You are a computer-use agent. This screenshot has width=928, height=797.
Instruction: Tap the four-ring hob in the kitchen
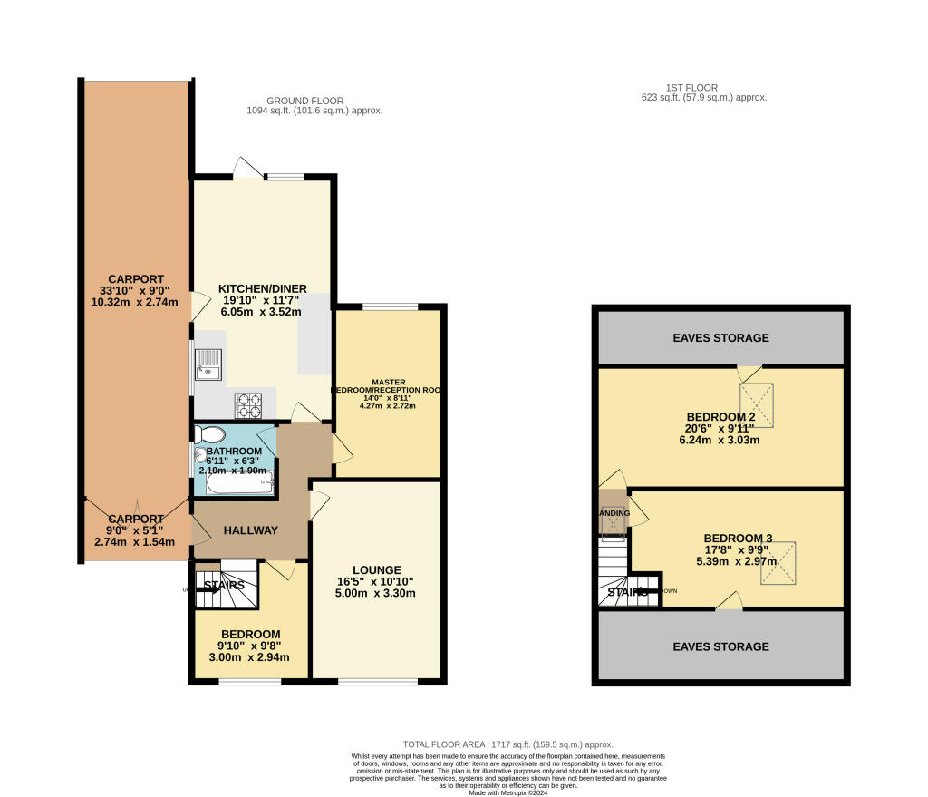click(248, 403)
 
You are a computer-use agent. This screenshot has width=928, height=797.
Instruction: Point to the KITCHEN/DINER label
click(263, 288)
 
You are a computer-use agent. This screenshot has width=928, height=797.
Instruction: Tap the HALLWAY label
click(250, 530)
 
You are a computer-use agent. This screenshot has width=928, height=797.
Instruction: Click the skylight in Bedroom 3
click(778, 562)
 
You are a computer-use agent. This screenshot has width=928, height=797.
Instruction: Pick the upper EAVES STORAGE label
click(720, 337)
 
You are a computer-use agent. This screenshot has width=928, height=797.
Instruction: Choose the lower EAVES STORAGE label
click(720, 646)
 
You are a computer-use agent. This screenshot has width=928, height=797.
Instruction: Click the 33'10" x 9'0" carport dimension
click(137, 290)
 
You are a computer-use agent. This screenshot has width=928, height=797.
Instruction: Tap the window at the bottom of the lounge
click(378, 681)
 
